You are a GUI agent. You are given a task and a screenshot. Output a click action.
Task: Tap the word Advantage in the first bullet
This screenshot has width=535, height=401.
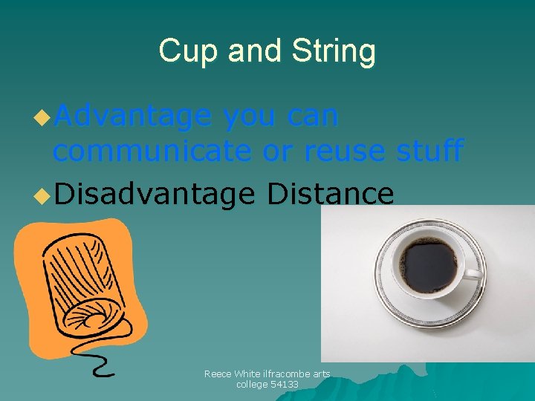(x=133, y=117)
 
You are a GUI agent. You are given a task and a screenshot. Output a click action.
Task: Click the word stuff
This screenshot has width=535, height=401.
(x=429, y=151)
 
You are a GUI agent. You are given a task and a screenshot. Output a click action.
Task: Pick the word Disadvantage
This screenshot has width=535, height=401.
(x=154, y=194)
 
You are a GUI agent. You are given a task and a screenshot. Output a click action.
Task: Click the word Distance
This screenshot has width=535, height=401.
(x=330, y=194)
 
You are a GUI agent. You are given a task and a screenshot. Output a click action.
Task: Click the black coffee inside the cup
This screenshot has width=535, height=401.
(x=428, y=265)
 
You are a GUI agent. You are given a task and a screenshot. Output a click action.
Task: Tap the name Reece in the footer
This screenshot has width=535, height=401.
(x=217, y=374)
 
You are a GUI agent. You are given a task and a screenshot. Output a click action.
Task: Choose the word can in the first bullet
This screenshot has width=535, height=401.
(x=311, y=117)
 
